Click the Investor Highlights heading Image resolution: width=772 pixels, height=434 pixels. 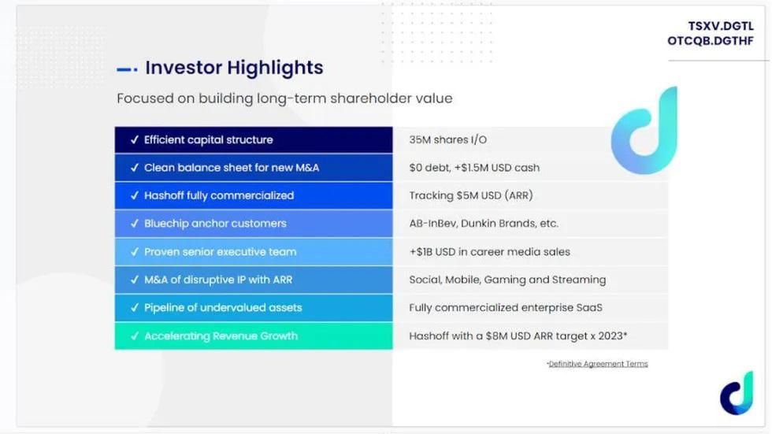[x=234, y=68]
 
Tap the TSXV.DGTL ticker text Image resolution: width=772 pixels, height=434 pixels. [x=721, y=26]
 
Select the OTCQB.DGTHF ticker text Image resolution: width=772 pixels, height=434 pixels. [x=711, y=41]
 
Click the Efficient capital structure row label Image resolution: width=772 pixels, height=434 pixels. [x=208, y=139]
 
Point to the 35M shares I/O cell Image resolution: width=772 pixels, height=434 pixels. [x=448, y=139]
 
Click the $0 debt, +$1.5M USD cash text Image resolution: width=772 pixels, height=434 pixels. [x=474, y=168]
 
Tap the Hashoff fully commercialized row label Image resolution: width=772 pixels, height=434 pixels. [x=219, y=195]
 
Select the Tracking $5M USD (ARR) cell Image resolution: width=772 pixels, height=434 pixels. [x=471, y=195]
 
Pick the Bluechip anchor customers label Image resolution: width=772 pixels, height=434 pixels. [x=215, y=224]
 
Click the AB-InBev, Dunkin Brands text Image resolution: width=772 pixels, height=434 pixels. [x=473, y=224]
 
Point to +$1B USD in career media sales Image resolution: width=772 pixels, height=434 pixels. [x=489, y=252]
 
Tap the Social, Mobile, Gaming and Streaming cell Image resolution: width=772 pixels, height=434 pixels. [x=507, y=280]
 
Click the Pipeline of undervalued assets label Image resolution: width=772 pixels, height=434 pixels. [x=223, y=308]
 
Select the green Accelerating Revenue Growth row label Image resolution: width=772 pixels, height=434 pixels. [x=221, y=336]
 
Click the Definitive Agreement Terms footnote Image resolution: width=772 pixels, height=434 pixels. [x=597, y=364]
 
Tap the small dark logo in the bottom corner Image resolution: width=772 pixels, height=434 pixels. [x=737, y=394]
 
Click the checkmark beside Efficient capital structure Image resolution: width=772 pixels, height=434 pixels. [x=135, y=139]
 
